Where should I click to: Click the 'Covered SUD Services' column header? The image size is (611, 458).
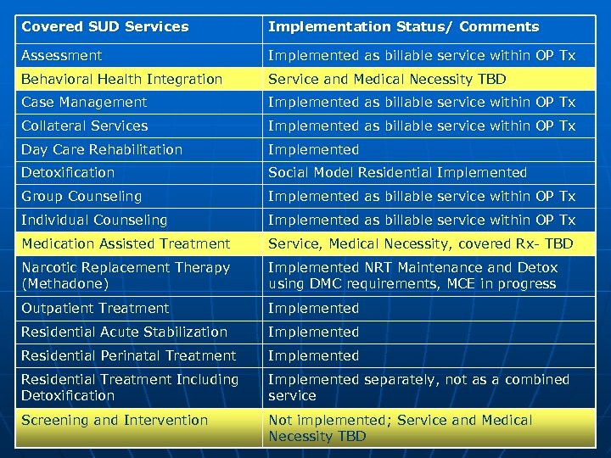click(105, 27)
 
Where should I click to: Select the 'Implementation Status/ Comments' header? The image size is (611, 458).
click(403, 27)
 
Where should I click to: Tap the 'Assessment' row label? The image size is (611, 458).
click(62, 56)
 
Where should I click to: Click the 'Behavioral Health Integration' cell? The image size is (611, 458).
click(122, 80)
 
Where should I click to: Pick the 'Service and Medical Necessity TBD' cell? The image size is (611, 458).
click(387, 80)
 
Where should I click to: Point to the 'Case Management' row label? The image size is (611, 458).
click(84, 103)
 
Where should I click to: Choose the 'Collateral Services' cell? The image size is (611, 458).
click(85, 126)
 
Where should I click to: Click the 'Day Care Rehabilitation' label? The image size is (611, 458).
click(102, 150)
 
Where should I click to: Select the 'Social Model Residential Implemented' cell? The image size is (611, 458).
click(397, 173)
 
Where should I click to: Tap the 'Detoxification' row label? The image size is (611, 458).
click(68, 173)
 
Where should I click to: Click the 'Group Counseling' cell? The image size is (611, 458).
click(81, 197)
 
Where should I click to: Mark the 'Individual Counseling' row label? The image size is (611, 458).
click(94, 221)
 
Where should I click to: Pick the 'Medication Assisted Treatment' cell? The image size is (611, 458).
click(126, 244)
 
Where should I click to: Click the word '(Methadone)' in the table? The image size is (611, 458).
click(65, 284)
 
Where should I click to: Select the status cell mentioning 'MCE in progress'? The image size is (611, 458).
click(412, 276)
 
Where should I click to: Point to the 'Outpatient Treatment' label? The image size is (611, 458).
click(95, 309)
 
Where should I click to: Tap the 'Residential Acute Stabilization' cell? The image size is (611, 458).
click(124, 332)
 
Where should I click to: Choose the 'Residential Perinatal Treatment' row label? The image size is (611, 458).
click(128, 356)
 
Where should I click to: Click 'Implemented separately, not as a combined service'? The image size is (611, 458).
click(418, 388)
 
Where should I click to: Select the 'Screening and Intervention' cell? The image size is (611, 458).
click(115, 421)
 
